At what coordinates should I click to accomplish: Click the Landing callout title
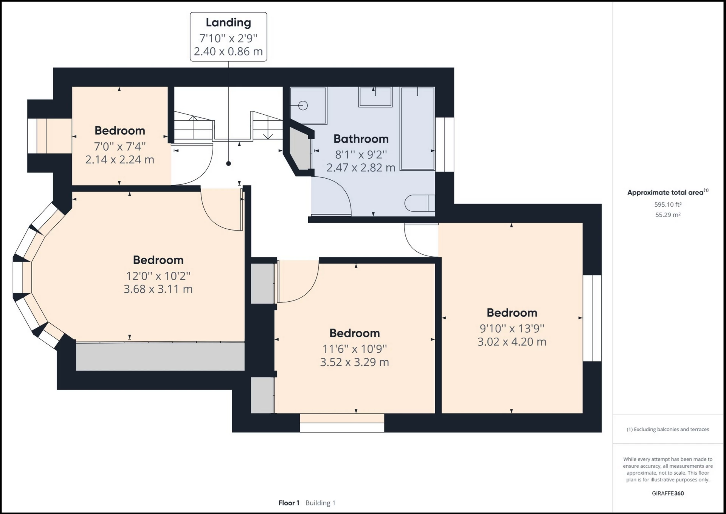point(228,22)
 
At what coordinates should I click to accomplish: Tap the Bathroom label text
point(361,139)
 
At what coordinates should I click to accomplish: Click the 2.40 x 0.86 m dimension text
point(228,51)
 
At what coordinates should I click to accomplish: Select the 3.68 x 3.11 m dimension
point(158,289)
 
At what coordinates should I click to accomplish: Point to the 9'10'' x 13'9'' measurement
point(512,329)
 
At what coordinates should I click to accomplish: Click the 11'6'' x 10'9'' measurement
point(354,349)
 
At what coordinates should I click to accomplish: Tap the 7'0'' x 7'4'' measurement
point(119,146)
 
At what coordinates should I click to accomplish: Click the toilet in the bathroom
point(419,203)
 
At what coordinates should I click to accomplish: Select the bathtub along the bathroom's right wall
point(417,129)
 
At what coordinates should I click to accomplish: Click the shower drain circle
point(303,106)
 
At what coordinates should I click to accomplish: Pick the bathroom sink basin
point(375,97)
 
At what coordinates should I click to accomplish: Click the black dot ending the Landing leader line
point(228,164)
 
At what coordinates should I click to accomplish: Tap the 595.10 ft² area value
point(668,204)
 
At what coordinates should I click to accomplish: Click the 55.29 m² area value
point(668,215)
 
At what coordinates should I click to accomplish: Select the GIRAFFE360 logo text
point(668,493)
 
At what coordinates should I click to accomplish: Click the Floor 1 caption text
point(289,503)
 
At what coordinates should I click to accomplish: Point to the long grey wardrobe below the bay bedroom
point(160,356)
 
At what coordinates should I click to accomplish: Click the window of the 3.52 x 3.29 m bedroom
point(342,423)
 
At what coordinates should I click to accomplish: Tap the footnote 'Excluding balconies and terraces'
point(668,429)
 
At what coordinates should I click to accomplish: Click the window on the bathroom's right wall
point(444,145)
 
